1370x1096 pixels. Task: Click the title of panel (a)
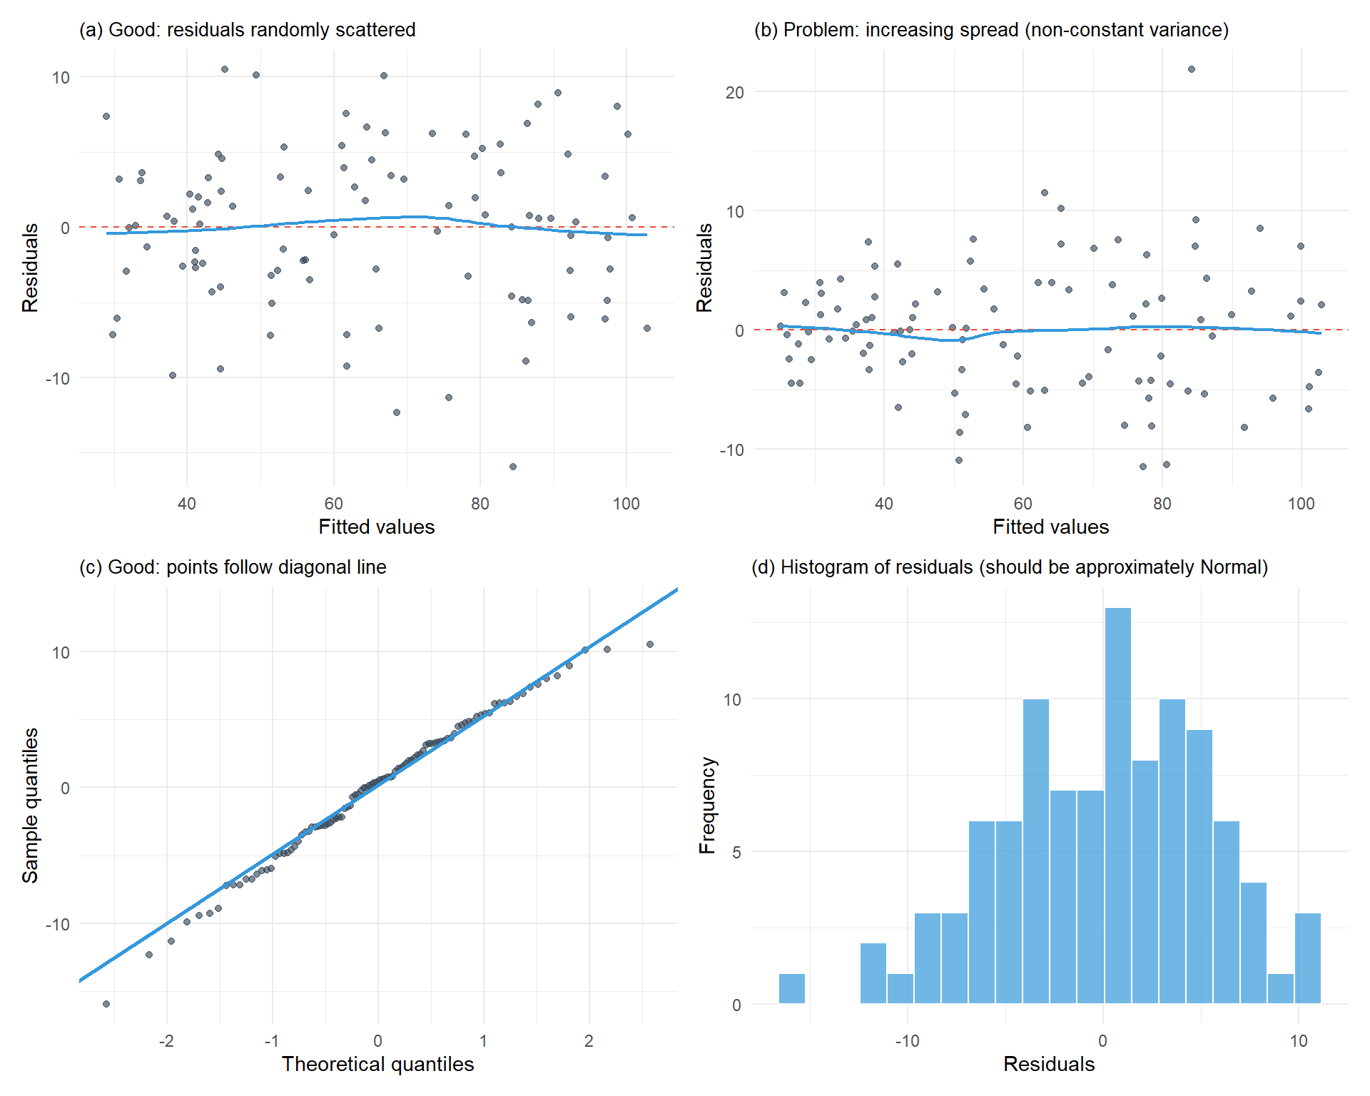[x=247, y=30]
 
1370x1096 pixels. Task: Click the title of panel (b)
[x=991, y=30]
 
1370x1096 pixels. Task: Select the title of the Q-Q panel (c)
[x=233, y=567]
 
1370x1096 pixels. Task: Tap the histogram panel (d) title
[x=1010, y=567]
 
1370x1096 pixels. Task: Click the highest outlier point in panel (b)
[x=1191, y=69]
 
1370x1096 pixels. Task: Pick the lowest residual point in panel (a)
[x=512, y=467]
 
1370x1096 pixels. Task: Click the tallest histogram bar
[x=1117, y=806]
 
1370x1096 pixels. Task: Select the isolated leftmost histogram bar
[x=791, y=989]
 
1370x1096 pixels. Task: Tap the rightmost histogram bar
[x=1307, y=958]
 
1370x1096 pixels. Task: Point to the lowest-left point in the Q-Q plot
[x=106, y=1004]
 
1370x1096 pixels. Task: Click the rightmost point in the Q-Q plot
[x=650, y=644]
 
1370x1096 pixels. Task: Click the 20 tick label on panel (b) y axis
[x=734, y=92]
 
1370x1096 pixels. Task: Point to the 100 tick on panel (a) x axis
[x=626, y=504]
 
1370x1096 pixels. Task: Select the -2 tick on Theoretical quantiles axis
[x=166, y=1041]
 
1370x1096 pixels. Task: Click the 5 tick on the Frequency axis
[x=736, y=852]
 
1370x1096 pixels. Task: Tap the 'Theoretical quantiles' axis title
[x=377, y=1065]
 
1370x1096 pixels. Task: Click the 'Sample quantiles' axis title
[x=30, y=805]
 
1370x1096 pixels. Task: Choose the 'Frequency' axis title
[x=706, y=805]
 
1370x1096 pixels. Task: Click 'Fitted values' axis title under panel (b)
[x=1050, y=527]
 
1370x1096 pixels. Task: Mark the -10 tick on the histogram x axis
[x=907, y=1041]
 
